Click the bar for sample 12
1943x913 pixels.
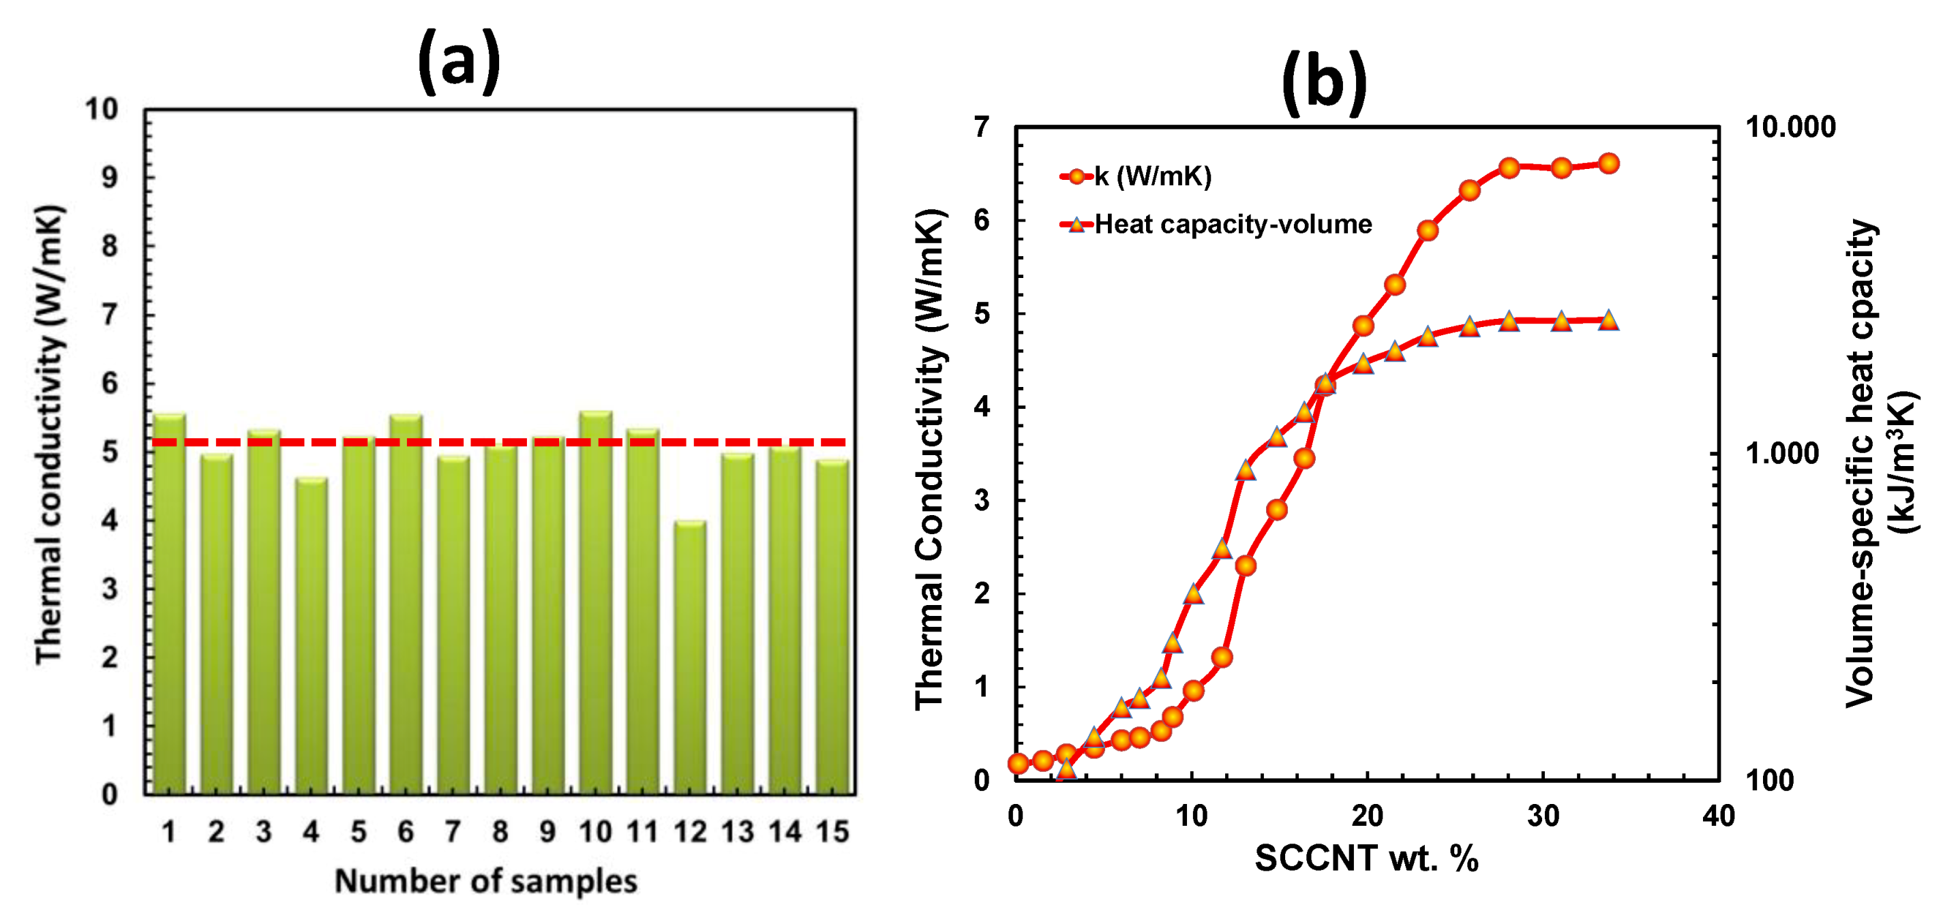(690, 656)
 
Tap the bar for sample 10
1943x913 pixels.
(596, 603)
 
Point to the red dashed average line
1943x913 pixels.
(498, 442)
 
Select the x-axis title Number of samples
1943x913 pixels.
(485, 880)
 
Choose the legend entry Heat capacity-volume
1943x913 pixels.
(1232, 224)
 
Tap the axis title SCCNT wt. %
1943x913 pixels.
(1366, 858)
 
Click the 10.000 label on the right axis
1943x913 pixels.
(1790, 127)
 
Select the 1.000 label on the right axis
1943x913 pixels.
(1782, 453)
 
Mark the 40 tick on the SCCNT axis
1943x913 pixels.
(1718, 816)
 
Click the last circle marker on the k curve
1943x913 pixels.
(1608, 164)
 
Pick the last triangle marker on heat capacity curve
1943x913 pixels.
(1608, 320)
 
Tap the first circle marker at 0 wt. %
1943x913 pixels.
(1017, 764)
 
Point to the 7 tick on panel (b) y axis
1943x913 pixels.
(981, 127)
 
